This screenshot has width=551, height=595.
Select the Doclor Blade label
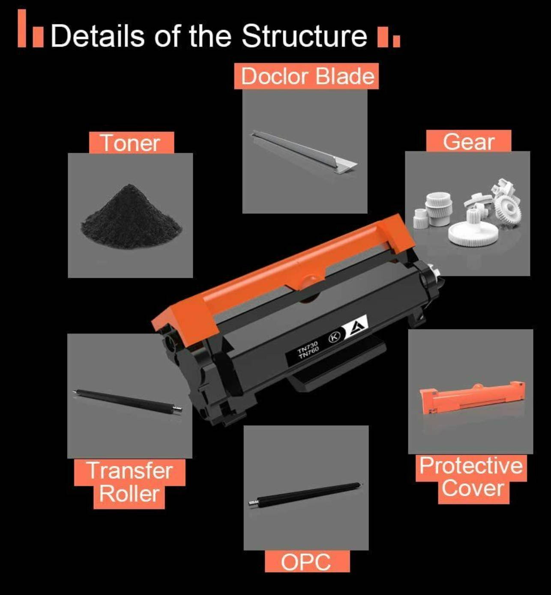click(x=306, y=76)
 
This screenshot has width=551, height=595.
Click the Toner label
click(x=132, y=143)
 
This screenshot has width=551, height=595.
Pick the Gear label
click(x=468, y=141)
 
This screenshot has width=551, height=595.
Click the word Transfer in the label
click(x=130, y=471)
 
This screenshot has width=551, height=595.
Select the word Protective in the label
click(x=471, y=466)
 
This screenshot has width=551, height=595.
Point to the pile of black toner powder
click(x=131, y=217)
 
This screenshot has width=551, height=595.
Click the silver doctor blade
click(x=303, y=152)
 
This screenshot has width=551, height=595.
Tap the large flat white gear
click(x=473, y=234)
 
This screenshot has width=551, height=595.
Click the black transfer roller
click(x=128, y=401)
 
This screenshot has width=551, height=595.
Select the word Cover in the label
click(x=473, y=489)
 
